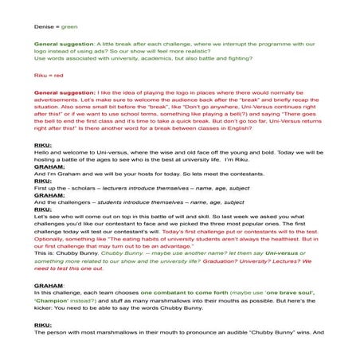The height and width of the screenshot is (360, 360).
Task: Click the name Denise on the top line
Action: pos(43,26)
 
